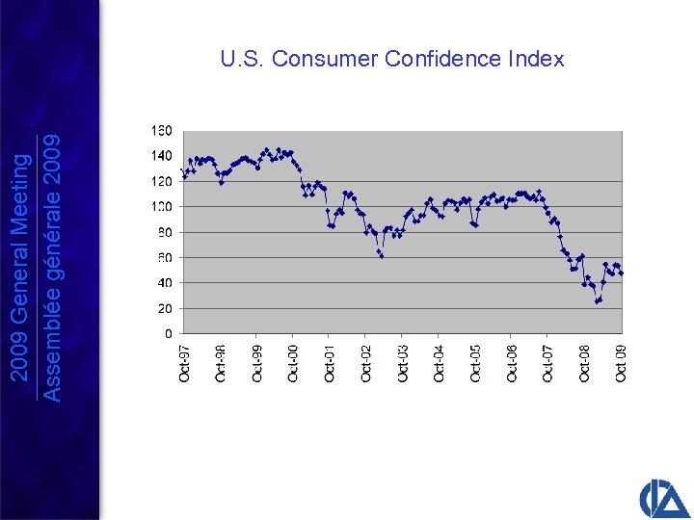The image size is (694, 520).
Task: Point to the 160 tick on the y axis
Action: point(161,130)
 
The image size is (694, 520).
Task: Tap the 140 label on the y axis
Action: point(161,155)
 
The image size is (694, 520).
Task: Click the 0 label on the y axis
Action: point(168,334)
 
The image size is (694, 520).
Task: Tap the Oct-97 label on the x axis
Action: point(184,363)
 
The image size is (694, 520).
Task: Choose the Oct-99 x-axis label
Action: point(256,363)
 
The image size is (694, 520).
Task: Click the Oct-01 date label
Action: point(330,363)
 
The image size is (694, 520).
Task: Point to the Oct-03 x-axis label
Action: point(402,363)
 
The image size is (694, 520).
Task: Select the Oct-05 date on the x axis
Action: point(475,363)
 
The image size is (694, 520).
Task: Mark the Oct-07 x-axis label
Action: point(547,363)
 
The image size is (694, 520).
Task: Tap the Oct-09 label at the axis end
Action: point(621,363)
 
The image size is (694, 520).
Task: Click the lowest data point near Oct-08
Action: point(597,301)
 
